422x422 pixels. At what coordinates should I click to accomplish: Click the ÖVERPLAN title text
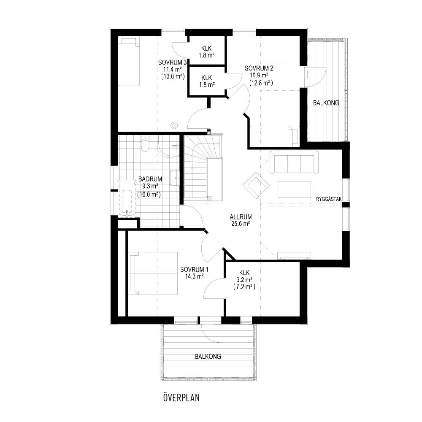181,398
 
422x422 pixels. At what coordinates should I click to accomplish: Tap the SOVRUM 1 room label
194,269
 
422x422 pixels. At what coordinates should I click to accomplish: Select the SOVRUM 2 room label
259,68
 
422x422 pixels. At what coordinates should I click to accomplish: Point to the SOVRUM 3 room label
173,62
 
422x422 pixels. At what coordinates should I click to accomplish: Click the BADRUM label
150,179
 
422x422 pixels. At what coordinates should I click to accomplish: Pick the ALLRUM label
241,216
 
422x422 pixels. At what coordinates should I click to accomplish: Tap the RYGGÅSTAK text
329,199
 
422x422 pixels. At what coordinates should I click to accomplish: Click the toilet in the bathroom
145,144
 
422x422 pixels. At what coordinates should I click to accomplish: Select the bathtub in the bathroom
127,198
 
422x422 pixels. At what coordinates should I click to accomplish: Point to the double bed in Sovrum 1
154,273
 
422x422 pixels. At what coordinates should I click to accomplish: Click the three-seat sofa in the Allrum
294,162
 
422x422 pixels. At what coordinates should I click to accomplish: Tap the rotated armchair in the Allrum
256,185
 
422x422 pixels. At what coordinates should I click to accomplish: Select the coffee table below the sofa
295,189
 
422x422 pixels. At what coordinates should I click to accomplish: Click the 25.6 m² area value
241,223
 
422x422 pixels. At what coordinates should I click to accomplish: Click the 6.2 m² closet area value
244,281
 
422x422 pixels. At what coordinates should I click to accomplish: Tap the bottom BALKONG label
208,356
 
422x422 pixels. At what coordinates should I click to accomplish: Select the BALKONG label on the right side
326,103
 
